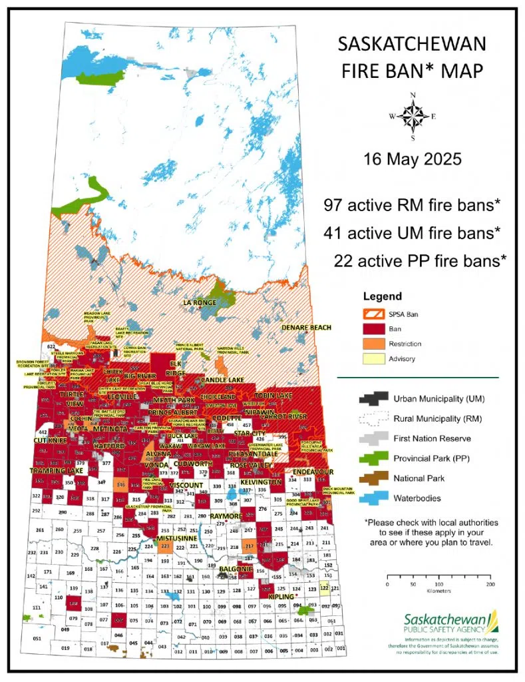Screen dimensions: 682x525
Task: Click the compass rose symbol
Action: (x=413, y=117)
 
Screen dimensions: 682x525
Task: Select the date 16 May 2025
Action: (x=413, y=160)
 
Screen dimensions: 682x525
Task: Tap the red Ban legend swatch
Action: (x=375, y=329)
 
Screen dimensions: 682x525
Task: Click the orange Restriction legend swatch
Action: (x=375, y=344)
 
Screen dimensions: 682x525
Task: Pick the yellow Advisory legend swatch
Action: (x=375, y=359)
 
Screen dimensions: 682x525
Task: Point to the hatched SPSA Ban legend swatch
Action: (x=375, y=313)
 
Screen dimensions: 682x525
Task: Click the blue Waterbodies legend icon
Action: (x=373, y=497)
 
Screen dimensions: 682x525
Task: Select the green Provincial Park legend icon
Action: (x=373, y=458)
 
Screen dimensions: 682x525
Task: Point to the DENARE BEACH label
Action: (x=305, y=328)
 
